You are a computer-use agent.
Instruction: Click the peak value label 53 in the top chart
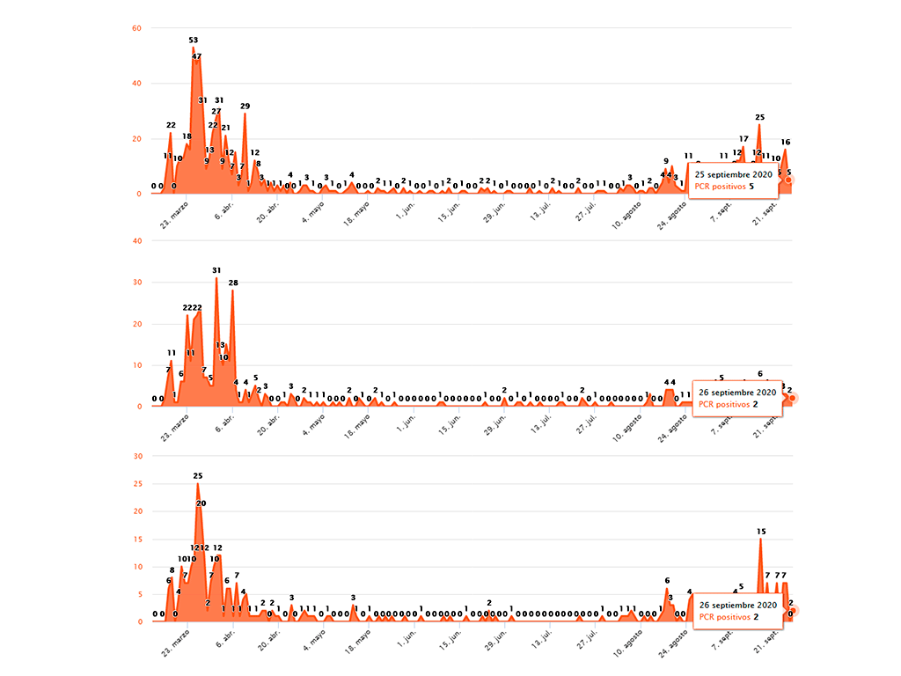194,40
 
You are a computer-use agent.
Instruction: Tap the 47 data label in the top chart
197,56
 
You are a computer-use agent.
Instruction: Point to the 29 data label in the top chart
245,107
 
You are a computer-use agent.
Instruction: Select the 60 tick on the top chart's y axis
136,27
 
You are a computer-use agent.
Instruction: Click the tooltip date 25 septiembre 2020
734,174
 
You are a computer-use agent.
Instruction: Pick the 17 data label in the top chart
744,139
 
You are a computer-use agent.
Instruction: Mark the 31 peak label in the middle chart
216,270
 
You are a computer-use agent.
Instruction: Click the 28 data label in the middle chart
233,283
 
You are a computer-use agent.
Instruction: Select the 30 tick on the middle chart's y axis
136,283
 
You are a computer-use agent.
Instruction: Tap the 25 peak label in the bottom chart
198,476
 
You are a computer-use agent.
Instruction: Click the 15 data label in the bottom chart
761,532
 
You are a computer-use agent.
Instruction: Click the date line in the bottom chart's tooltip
737,606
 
